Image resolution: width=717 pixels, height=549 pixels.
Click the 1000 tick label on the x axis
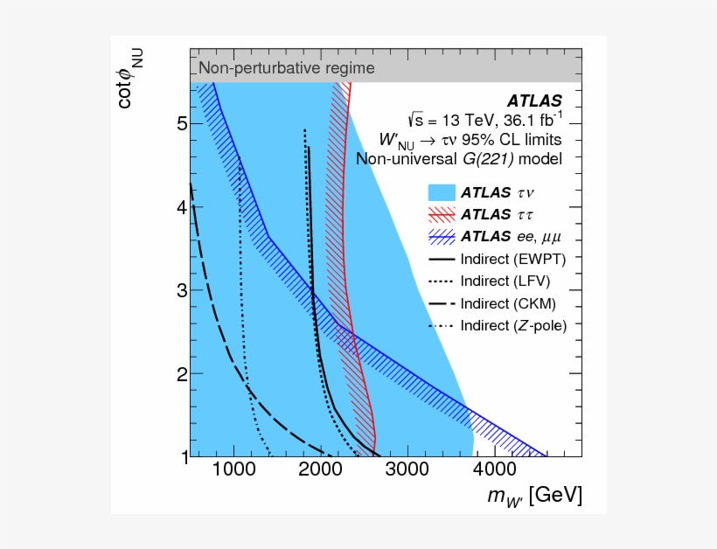click(x=233, y=469)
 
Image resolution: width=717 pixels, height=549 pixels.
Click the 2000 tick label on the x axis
click(x=320, y=469)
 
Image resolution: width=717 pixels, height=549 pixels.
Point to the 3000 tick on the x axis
click(x=407, y=469)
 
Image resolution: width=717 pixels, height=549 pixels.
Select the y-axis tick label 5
click(x=182, y=125)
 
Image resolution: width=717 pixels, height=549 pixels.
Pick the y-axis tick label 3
click(x=182, y=290)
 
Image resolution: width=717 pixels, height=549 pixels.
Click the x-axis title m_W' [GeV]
click(x=535, y=497)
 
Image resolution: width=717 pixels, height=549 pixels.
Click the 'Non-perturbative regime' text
click(x=287, y=67)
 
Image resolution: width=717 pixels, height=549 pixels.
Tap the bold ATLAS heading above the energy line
click(x=534, y=100)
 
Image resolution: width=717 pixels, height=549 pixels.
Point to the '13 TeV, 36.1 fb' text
click(x=484, y=119)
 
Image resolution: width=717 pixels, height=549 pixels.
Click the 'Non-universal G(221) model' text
click(x=458, y=158)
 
